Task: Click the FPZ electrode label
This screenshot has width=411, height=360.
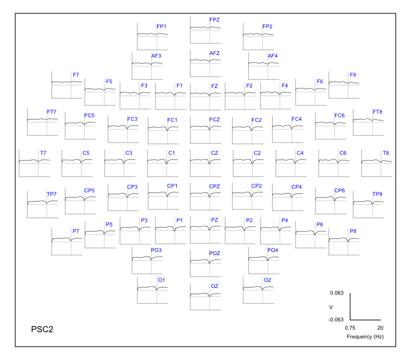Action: click(x=214, y=20)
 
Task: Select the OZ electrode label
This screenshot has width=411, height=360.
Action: click(x=214, y=286)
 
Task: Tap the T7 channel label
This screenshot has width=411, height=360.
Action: click(x=43, y=153)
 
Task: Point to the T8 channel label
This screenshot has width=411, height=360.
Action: click(x=386, y=153)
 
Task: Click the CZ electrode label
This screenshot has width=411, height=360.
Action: click(x=214, y=153)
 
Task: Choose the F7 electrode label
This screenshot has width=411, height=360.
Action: click(x=76, y=75)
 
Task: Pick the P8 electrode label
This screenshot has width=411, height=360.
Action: click(x=353, y=231)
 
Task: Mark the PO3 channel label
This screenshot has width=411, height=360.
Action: click(x=156, y=250)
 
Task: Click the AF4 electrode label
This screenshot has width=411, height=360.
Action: click(x=273, y=56)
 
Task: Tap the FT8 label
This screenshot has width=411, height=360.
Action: click(x=378, y=112)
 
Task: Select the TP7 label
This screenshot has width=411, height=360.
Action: click(x=52, y=194)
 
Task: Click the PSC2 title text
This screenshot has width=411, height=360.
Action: click(x=42, y=329)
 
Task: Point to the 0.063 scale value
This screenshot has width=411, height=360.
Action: click(x=337, y=293)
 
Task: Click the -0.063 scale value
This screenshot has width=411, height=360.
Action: click(x=336, y=319)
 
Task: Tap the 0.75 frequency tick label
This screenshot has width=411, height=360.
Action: click(x=350, y=328)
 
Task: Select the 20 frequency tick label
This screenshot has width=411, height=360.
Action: click(x=380, y=328)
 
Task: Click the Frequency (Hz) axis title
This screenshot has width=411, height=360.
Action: click(x=365, y=337)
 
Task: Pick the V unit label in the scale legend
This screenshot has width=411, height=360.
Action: click(x=331, y=307)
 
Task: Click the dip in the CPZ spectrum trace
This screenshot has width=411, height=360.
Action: click(x=210, y=196)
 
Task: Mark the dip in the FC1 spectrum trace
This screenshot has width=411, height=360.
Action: click(x=167, y=130)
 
